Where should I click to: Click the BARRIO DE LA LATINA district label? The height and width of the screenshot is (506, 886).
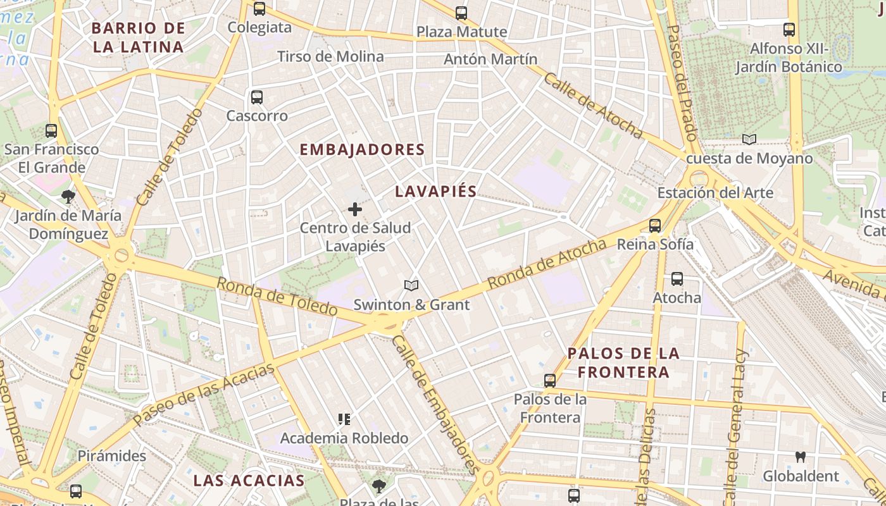point(138,37)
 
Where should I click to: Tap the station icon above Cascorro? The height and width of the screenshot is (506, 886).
point(256,97)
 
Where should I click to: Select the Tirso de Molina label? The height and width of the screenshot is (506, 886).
point(330,56)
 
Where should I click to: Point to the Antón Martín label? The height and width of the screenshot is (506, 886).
point(490,59)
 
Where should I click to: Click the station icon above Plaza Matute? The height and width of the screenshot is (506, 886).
point(461,13)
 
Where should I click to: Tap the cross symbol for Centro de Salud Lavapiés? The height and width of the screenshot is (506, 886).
point(355,209)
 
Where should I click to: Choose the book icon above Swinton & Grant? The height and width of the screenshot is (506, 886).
point(411,286)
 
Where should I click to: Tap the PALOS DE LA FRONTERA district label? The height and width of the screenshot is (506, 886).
point(623,362)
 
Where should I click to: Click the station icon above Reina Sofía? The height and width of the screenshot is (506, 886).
point(655,225)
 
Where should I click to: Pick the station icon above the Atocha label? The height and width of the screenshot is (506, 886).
point(677,278)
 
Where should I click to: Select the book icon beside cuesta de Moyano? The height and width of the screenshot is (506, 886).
point(749,139)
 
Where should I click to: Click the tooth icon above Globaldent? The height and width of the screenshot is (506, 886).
point(801,457)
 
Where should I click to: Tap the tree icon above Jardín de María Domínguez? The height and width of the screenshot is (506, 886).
point(68,196)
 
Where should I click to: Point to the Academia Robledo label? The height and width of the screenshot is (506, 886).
point(344,438)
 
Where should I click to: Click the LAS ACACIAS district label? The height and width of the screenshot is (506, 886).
point(249,480)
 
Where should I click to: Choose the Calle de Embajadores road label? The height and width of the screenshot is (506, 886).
point(434,405)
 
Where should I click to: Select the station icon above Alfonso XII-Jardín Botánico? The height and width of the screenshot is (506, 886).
point(789,29)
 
